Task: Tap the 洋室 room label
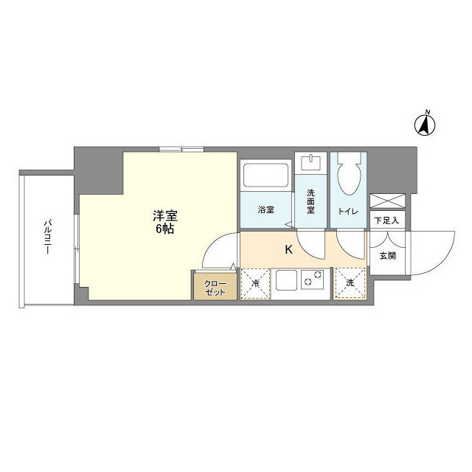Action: (x=164, y=216)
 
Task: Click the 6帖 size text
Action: (x=164, y=229)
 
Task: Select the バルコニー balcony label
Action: (x=47, y=237)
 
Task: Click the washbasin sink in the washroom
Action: (x=311, y=160)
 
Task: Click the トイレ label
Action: (x=348, y=212)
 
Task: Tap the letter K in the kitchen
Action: (x=289, y=249)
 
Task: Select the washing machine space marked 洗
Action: (x=350, y=284)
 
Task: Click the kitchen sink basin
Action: (x=286, y=281)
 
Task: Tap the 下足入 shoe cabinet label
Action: (x=386, y=220)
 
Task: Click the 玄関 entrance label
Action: (x=386, y=256)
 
